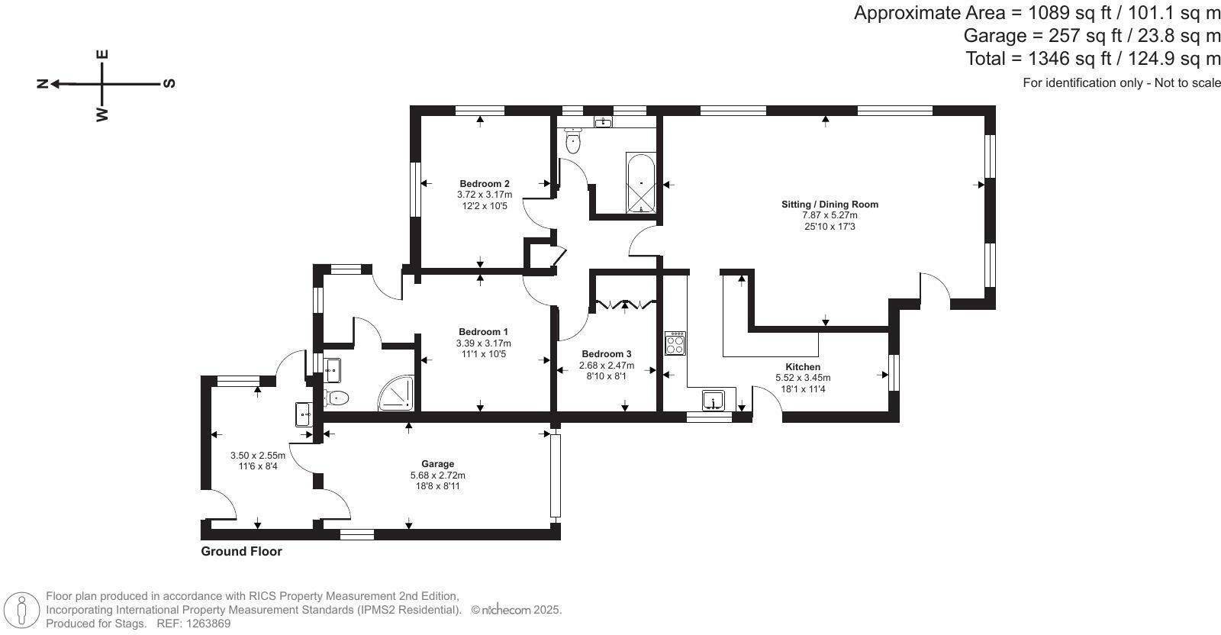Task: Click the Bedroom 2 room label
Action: (x=484, y=183)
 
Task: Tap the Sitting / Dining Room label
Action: (x=830, y=204)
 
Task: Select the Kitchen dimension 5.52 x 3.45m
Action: (x=803, y=378)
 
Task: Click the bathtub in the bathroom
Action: (x=640, y=183)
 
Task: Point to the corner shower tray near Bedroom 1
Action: (x=398, y=392)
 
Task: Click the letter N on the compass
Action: (x=43, y=83)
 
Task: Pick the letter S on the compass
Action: (x=169, y=83)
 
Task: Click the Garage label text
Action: (x=437, y=464)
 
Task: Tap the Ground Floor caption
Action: (x=241, y=551)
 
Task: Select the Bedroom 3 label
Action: (x=606, y=354)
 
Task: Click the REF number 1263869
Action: (x=205, y=624)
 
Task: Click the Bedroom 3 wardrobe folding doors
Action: (x=625, y=305)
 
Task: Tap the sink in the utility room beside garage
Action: (x=303, y=414)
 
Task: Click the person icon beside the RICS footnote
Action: (x=22, y=610)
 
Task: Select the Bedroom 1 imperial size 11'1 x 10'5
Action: (x=483, y=354)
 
